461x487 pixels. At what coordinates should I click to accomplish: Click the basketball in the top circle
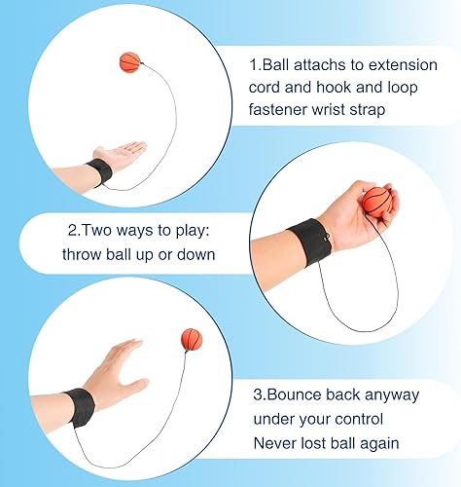pyautogui.click(x=131, y=62)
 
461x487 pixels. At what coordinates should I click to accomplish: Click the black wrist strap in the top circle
pyautogui.click(x=98, y=173)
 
